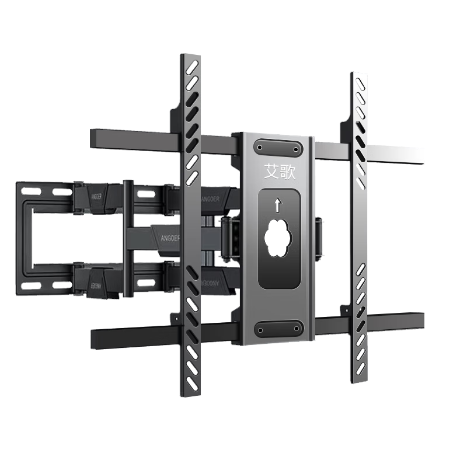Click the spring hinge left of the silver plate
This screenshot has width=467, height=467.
pos(228,236)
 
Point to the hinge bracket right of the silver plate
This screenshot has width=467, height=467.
pos(319,236)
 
